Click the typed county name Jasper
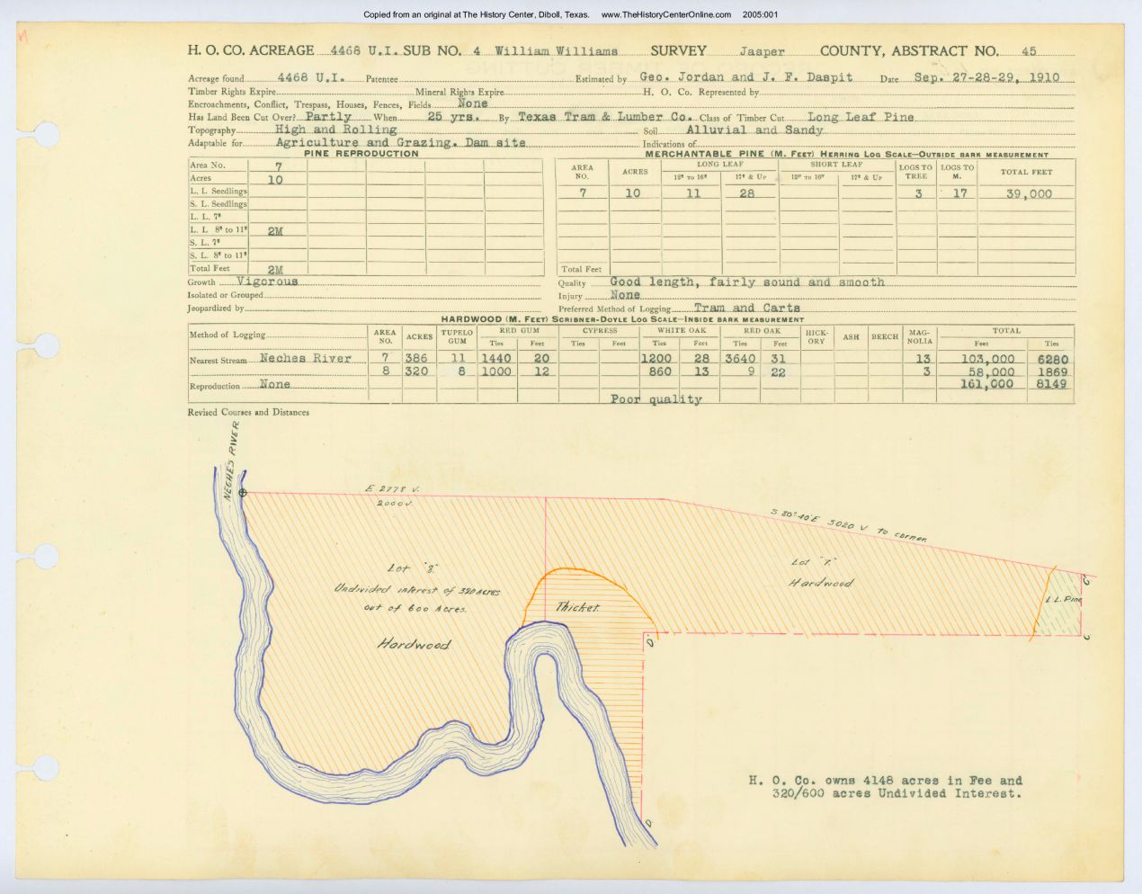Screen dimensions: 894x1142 762,52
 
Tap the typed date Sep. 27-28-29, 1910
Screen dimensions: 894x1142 986,77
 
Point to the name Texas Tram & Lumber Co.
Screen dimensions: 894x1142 604,117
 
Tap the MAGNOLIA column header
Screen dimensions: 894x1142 919,336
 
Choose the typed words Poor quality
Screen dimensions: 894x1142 656,399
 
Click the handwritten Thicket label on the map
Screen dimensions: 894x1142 577,607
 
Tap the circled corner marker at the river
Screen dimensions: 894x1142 242,492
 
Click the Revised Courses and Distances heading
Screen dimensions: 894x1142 248,413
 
